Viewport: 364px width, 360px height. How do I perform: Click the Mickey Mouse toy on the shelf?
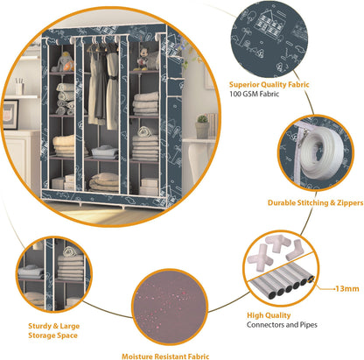[x=143, y=59]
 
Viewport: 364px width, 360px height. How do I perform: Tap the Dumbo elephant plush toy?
[x=64, y=62]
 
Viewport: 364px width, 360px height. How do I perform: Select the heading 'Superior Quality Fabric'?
[x=269, y=85]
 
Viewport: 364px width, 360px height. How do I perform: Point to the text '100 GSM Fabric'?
[x=254, y=94]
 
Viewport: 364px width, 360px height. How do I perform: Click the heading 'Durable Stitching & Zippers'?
[x=316, y=203]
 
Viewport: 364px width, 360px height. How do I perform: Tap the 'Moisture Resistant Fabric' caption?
[x=165, y=356]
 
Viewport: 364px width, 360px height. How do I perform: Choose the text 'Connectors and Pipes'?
[x=282, y=325]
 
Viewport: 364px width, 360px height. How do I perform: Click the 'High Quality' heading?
[x=269, y=315]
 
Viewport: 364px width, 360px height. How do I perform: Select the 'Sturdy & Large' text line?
[x=54, y=326]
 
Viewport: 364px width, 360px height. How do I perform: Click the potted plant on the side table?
[x=202, y=126]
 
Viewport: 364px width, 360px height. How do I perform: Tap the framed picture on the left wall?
[x=10, y=115]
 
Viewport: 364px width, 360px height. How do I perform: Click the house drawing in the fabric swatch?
[x=268, y=21]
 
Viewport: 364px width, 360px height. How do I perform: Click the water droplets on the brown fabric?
[x=164, y=307]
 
